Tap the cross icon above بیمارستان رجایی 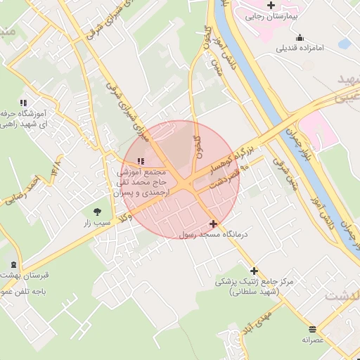point(271,5)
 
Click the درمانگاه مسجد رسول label point(214,236)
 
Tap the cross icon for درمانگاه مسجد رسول point(214,224)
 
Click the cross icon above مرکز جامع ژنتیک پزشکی point(254,271)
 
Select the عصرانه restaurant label point(312,340)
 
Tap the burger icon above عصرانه point(312,329)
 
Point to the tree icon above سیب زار point(97,211)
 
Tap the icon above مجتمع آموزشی point(133,162)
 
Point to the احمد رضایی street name point(21,191)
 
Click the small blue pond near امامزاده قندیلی point(344,44)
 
